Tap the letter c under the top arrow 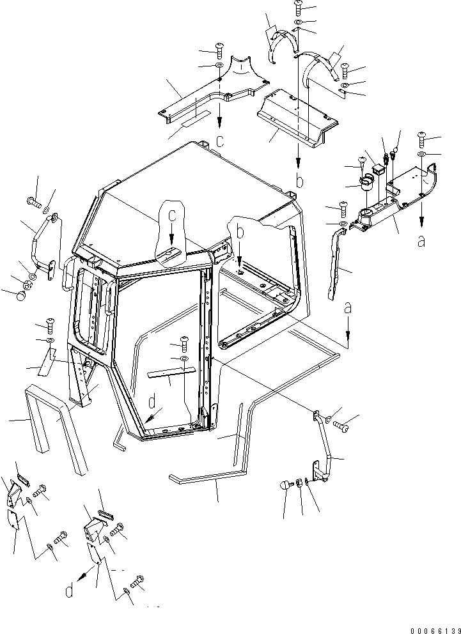(220, 141)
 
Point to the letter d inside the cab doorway (152, 403)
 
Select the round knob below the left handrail (20, 295)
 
